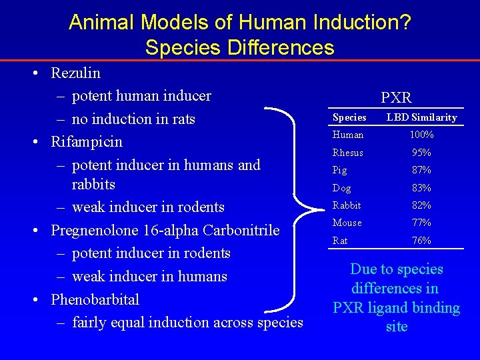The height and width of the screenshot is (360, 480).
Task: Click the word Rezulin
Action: click(x=75, y=73)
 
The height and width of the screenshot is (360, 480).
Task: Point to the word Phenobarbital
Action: click(x=95, y=299)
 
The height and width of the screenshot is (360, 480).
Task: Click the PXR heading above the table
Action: click(x=396, y=98)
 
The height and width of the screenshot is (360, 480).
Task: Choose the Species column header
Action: click(x=349, y=117)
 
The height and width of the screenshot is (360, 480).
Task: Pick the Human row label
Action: click(x=347, y=135)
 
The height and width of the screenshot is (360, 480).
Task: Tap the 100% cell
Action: click(x=421, y=135)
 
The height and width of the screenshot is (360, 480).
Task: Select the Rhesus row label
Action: click(x=348, y=153)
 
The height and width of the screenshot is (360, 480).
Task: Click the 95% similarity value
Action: click(x=421, y=153)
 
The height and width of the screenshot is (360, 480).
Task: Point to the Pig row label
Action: click(x=339, y=170)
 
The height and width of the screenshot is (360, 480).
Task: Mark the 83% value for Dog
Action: click(x=421, y=188)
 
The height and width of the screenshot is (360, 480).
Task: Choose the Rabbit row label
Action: click(x=347, y=205)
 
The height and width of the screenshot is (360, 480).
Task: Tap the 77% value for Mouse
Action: click(x=421, y=223)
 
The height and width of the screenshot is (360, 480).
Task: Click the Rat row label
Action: click(x=340, y=241)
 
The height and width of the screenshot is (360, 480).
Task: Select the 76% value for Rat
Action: click(x=421, y=241)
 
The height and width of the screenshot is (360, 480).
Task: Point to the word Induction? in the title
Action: click(x=363, y=23)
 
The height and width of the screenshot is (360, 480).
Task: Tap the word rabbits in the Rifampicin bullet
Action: click(x=93, y=184)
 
